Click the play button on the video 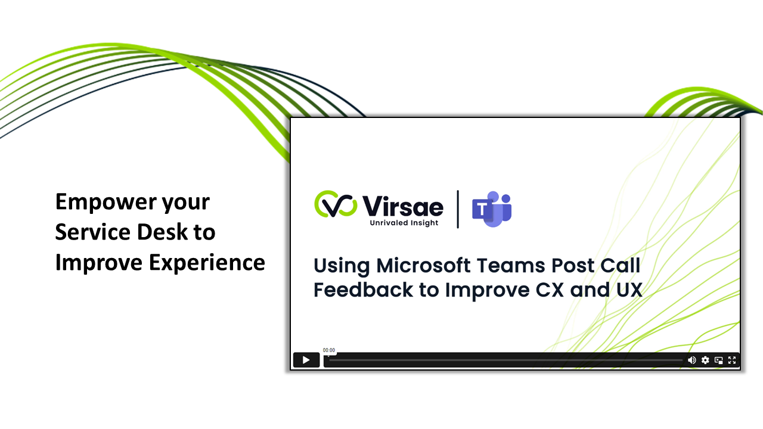(306, 360)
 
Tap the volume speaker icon (692, 360)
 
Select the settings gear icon (705, 360)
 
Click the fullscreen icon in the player (731, 360)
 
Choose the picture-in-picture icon (719, 360)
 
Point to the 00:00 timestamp (328, 350)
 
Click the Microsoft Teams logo (492, 209)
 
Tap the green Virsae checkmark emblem (336, 204)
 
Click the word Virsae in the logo (402, 206)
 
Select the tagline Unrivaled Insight (404, 223)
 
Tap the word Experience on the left (207, 263)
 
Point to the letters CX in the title (550, 290)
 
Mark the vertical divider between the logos (458, 209)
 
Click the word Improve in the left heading (99, 263)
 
